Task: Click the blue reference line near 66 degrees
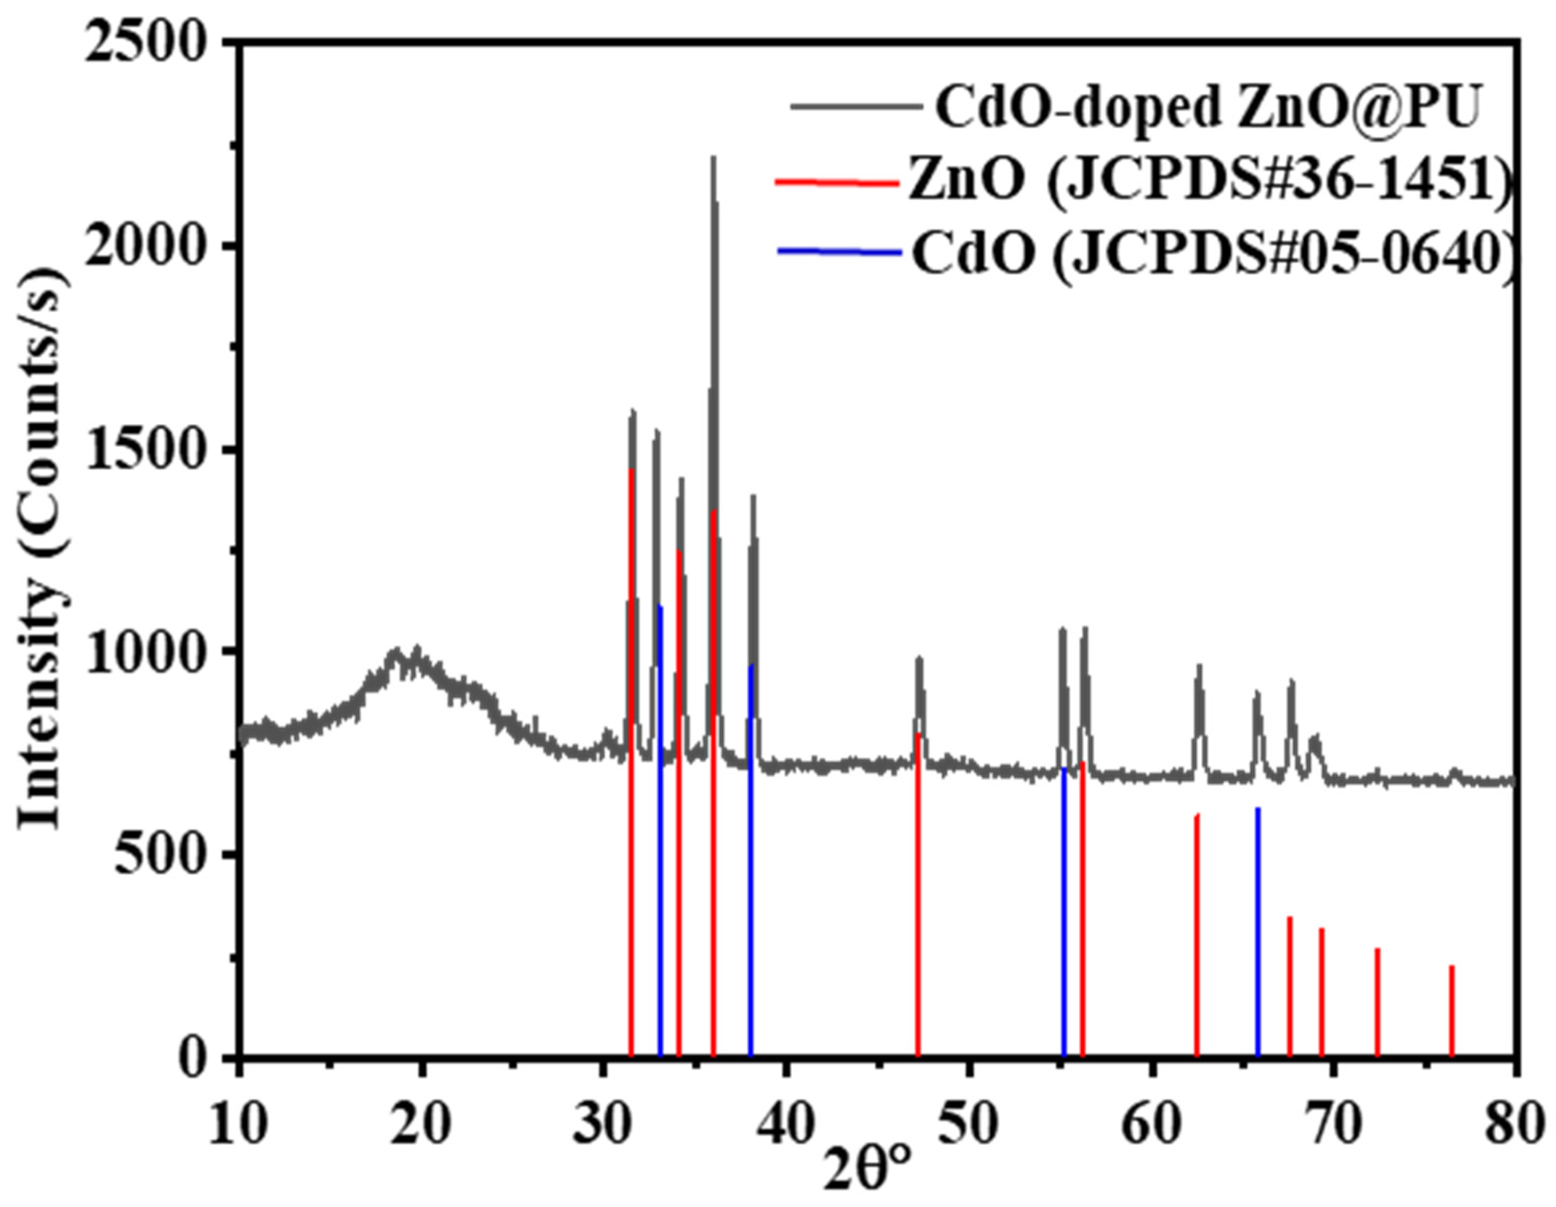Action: point(1258,933)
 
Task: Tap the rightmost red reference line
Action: point(1452,1012)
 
